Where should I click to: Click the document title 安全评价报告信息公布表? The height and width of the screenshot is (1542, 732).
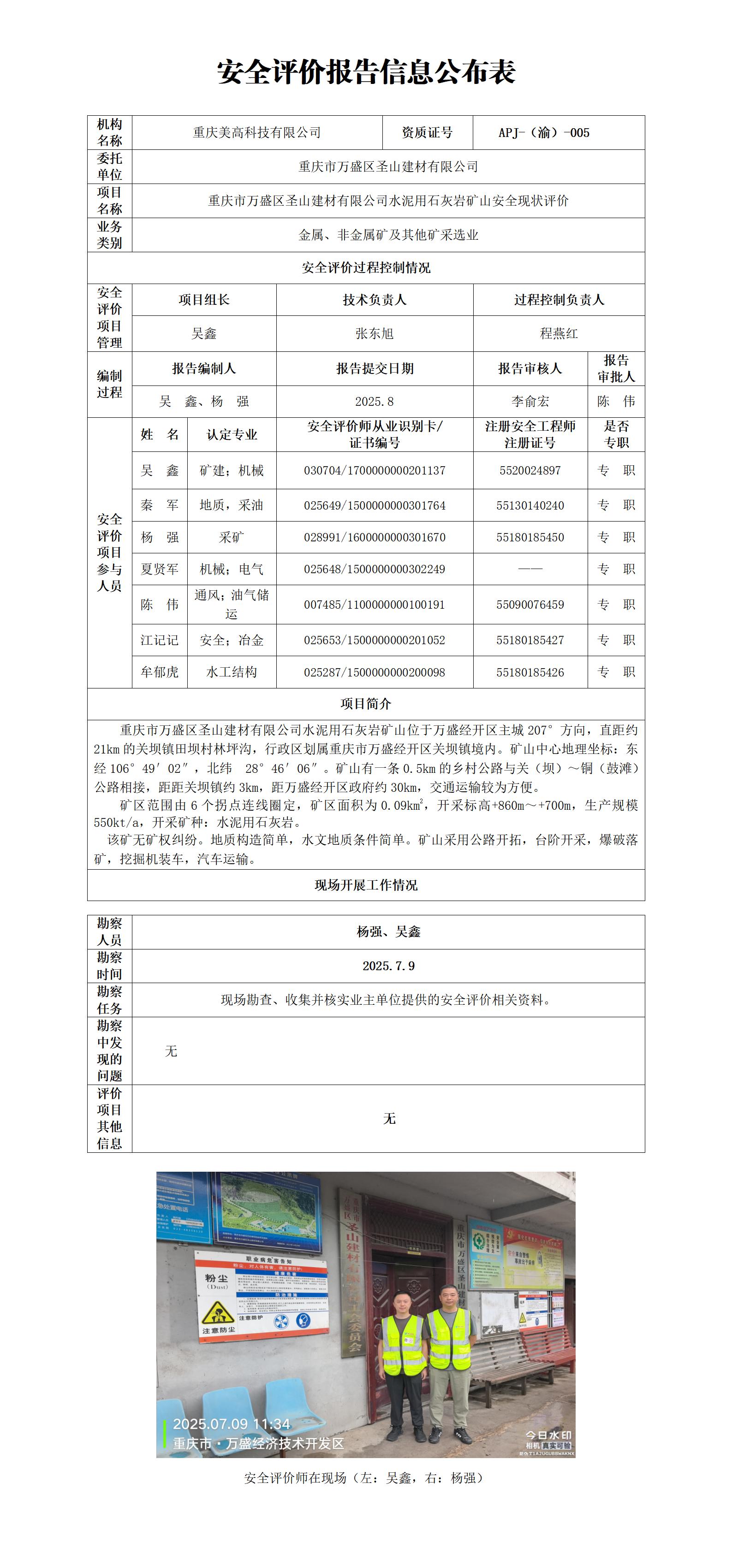[366, 72]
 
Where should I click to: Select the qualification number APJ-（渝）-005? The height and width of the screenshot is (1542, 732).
[543, 133]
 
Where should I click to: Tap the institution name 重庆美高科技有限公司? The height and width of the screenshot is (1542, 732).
[257, 133]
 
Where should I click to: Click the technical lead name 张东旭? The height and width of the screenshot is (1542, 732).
[374, 333]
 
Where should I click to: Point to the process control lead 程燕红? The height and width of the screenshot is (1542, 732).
[559, 333]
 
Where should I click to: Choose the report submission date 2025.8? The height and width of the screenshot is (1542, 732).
[374, 402]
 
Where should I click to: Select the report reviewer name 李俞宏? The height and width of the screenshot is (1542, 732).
[530, 402]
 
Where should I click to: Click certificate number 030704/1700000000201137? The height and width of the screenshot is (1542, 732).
[374, 470]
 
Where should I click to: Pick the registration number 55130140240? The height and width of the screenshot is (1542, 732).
[530, 505]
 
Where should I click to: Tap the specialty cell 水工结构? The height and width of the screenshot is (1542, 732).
[232, 672]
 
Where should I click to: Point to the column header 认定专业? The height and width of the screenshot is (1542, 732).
[232, 434]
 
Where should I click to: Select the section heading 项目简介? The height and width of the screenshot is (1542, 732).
[366, 704]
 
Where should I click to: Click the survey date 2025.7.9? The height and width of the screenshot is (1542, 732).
[388, 966]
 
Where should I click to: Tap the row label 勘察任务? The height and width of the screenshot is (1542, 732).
[109, 1000]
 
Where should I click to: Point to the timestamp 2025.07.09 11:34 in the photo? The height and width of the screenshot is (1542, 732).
[231, 1424]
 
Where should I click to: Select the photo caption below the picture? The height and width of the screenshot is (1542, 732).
[366, 1478]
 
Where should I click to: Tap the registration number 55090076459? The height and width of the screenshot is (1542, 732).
[530, 605]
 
